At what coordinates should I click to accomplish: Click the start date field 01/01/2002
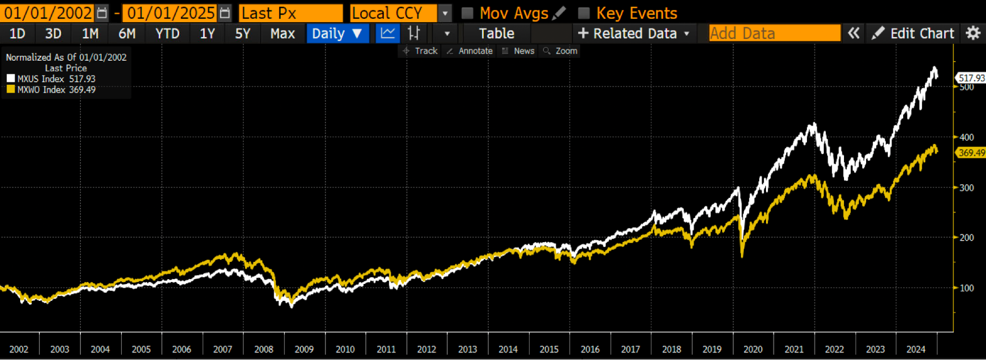[x=48, y=13]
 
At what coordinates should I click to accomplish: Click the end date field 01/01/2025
[x=170, y=13]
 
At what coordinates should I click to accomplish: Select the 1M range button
[x=90, y=34]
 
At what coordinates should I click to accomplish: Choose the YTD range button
[x=167, y=34]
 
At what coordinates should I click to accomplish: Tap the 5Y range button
[x=242, y=34]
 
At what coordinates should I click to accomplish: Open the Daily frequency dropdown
[x=337, y=34]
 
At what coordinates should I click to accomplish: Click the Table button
[x=496, y=34]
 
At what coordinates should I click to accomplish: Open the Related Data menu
[x=634, y=34]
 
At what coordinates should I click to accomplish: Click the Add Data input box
[x=774, y=34]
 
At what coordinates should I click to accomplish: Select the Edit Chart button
[x=913, y=34]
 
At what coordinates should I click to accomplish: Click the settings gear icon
[x=973, y=34]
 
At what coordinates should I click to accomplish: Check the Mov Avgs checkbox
[x=467, y=13]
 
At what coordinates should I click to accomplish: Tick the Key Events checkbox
[x=584, y=13]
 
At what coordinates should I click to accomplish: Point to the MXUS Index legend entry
[x=51, y=79]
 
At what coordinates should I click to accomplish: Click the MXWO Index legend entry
[x=51, y=90]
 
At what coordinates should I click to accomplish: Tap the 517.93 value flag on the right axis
[x=971, y=78]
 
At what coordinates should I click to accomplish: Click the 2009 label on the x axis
[x=304, y=349]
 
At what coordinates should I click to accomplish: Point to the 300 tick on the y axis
[x=966, y=188]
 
